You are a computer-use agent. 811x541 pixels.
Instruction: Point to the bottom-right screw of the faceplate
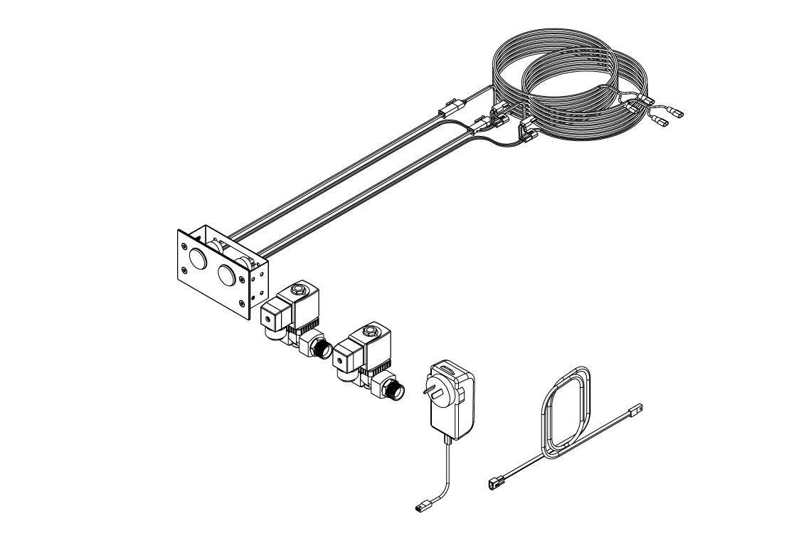click(243, 305)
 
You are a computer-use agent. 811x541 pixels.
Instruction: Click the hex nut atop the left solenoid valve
click(298, 290)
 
